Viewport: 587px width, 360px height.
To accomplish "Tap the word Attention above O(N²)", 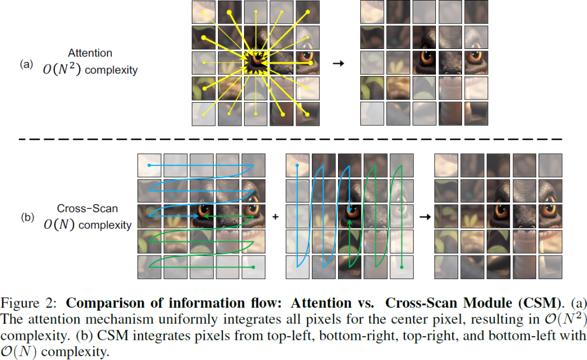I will pos(90,53).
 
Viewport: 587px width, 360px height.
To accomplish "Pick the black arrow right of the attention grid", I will pos(338,64).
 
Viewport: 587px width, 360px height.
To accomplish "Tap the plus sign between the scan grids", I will pos(275,216).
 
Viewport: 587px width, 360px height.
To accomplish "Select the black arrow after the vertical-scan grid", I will pos(424,216).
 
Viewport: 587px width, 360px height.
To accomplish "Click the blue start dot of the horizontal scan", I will pos(149,165).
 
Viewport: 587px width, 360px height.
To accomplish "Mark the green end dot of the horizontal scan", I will pos(253,267).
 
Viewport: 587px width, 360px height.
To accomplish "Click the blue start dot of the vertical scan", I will pos(297,164).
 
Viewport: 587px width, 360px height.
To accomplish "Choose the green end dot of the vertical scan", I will pos(402,267).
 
